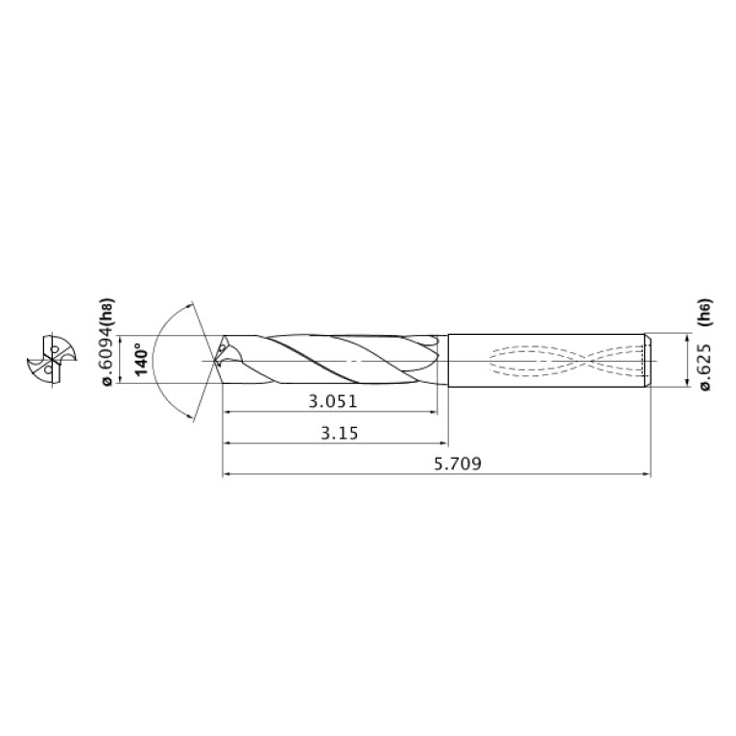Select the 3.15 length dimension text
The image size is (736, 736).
click(338, 433)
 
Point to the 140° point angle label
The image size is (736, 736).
click(141, 361)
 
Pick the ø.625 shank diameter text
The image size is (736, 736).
click(706, 366)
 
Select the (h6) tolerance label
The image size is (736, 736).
click(706, 313)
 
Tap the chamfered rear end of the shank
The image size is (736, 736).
click(647, 361)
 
